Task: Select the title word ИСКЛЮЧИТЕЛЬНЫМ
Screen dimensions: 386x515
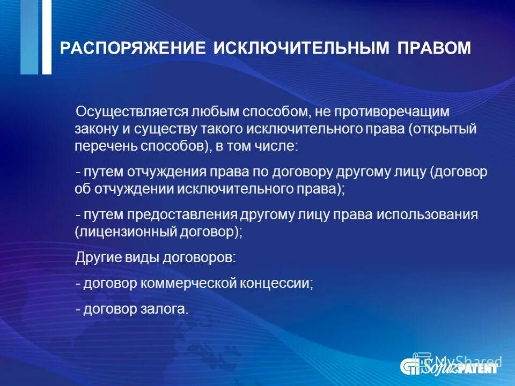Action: (x=302, y=48)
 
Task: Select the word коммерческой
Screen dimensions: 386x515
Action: (x=194, y=283)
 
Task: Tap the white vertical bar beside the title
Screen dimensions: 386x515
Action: (x=47, y=36)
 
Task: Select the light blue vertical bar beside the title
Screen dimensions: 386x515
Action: (x=30, y=36)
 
